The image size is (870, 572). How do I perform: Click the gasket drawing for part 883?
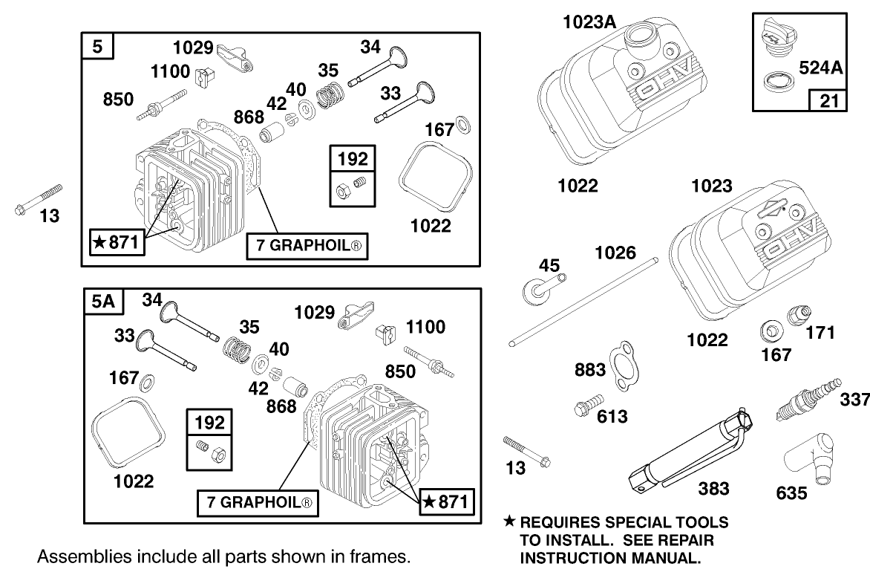coord(623,364)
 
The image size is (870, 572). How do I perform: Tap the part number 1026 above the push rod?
coord(615,253)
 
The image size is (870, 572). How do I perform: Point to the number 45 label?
coord(549,266)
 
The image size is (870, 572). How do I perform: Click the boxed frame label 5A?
coord(103,302)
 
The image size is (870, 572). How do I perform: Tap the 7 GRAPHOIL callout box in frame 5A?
coord(258,504)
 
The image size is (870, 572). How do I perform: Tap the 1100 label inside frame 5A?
coord(425,327)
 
